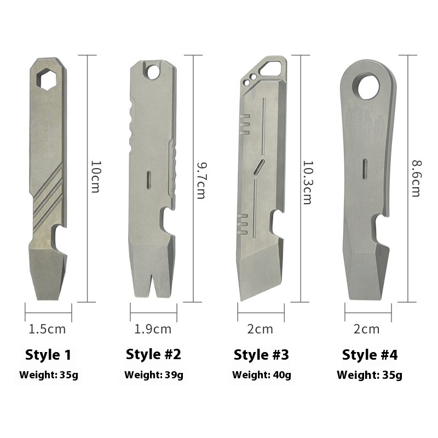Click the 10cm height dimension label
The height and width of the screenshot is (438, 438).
95,176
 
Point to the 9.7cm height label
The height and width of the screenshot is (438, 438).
201,181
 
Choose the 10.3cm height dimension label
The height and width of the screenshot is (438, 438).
308,182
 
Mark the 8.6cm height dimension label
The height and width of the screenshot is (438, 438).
416,178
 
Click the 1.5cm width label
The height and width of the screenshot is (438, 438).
47,329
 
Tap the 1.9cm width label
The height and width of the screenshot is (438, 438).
153,329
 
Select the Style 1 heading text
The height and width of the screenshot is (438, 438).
48,355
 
